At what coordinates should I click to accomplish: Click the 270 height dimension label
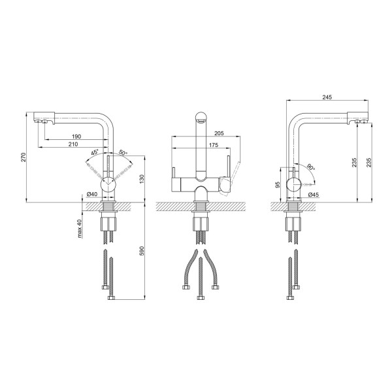(24, 157)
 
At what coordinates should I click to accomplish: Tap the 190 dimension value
(76, 137)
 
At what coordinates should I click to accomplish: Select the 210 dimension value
(73, 144)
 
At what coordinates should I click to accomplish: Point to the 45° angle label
(95, 152)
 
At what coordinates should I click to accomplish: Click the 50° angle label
(123, 152)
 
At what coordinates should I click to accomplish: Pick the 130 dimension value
(142, 179)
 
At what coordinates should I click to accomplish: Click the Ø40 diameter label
(91, 194)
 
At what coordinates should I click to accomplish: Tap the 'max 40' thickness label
(80, 228)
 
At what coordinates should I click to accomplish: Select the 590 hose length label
(142, 251)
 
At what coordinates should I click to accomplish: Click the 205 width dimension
(219, 133)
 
